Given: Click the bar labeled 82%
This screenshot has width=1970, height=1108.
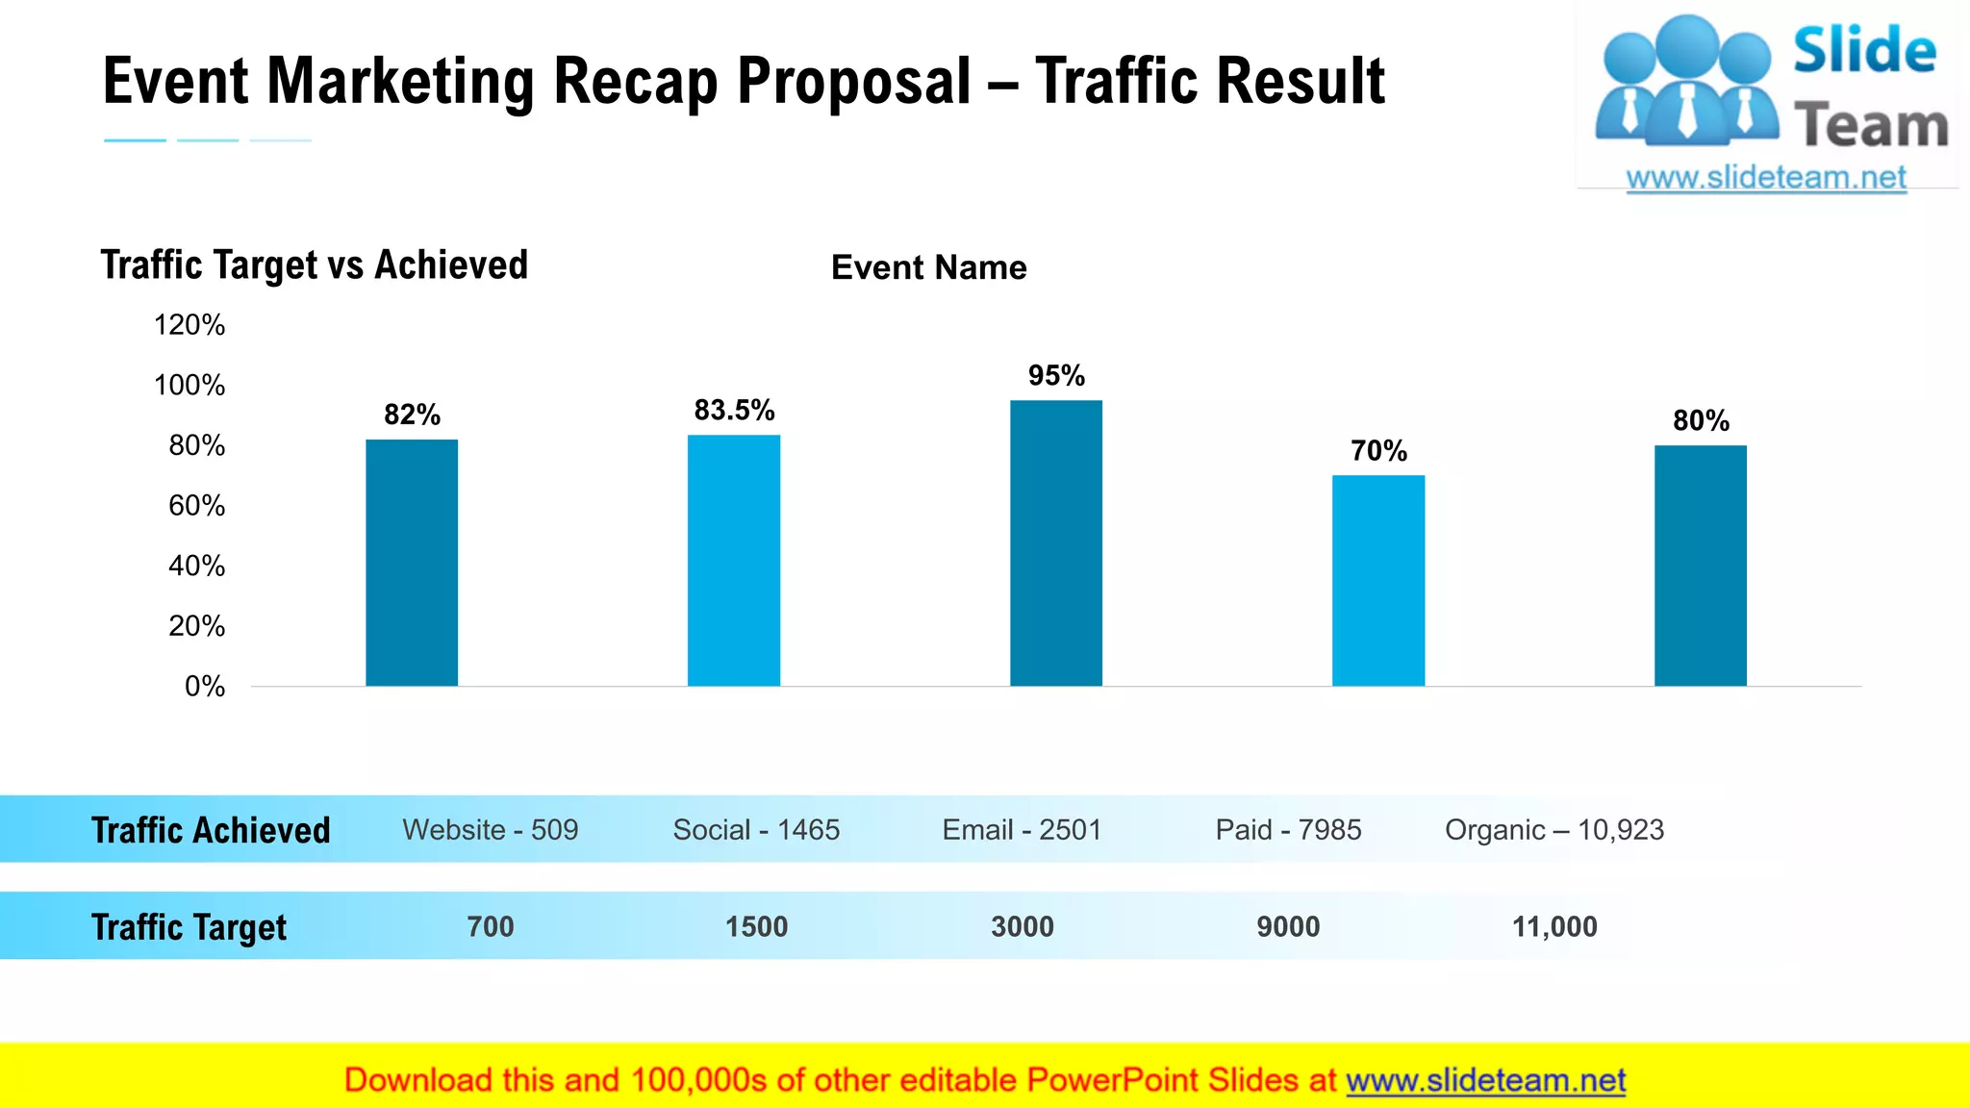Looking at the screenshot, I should point(412,563).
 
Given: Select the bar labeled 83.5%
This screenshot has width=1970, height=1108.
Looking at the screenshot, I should point(734,561).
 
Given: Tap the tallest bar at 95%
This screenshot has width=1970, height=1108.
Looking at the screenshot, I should point(1056,543).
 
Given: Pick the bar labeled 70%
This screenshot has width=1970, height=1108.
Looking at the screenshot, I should point(1378,580).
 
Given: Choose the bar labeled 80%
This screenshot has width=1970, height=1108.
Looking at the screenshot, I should point(1701,566).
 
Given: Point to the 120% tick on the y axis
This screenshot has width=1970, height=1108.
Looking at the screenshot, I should point(189,325).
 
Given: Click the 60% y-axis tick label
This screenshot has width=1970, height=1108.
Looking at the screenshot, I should point(196,506).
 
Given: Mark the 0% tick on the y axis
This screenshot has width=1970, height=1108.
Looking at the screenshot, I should point(205,687).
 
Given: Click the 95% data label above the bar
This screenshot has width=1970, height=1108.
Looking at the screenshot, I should point(1056,376).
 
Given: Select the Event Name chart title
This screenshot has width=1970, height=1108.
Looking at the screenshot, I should point(928,267).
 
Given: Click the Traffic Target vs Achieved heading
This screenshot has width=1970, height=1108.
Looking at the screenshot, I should point(315,265).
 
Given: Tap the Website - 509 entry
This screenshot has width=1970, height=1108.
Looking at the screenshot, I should point(491,830).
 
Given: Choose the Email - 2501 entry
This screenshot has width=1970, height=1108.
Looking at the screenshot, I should point(1022,830).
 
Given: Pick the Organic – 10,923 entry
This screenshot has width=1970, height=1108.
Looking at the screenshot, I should point(1554,830).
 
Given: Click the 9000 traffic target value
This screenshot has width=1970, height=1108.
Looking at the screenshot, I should point(1288,927).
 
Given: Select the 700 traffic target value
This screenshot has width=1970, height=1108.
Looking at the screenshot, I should point(491,927).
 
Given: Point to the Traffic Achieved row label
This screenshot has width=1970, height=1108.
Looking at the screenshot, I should point(211,830).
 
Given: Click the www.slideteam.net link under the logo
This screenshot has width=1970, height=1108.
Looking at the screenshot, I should point(1766,178).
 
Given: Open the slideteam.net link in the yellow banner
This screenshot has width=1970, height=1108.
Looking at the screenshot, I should point(1485,1081).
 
